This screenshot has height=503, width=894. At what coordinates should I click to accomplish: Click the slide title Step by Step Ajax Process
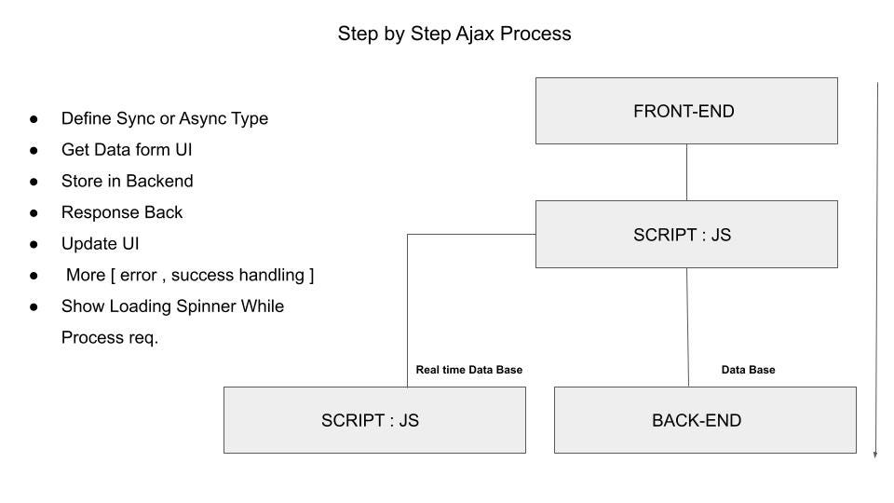pyautogui.click(x=454, y=34)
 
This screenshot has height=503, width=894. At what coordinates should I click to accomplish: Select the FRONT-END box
pyautogui.click(x=686, y=111)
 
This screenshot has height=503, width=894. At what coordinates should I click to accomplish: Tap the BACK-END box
pyautogui.click(x=705, y=420)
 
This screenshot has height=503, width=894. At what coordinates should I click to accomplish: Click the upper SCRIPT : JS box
pyautogui.click(x=686, y=235)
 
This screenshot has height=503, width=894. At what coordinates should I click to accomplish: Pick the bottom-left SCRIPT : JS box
pyautogui.click(x=374, y=420)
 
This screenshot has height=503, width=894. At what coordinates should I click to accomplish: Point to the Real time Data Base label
pyautogui.click(x=468, y=370)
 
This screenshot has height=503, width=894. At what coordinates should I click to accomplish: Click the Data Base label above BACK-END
pyautogui.click(x=748, y=370)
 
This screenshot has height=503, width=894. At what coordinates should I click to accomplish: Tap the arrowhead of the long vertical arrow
pyautogui.click(x=875, y=454)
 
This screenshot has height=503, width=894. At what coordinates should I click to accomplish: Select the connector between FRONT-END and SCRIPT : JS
pyautogui.click(x=686, y=172)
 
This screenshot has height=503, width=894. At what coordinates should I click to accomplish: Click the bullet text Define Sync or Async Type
pyautogui.click(x=164, y=118)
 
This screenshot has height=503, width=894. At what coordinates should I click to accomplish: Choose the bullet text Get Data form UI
pyautogui.click(x=127, y=150)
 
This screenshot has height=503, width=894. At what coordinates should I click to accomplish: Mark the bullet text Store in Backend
pyautogui.click(x=127, y=181)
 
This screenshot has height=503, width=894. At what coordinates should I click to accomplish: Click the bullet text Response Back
pyautogui.click(x=122, y=212)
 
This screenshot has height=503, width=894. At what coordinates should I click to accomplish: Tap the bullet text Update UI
pyautogui.click(x=100, y=244)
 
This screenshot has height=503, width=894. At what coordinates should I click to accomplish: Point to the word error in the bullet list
pyautogui.click(x=139, y=275)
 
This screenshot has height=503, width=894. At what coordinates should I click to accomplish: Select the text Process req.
pyautogui.click(x=110, y=337)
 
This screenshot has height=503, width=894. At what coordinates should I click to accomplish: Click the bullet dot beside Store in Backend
pyautogui.click(x=34, y=182)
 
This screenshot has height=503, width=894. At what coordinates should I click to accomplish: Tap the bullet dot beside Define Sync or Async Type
pyautogui.click(x=34, y=119)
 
